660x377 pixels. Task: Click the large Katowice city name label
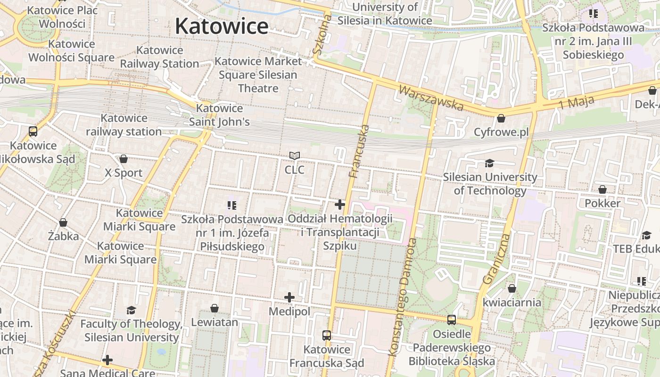coord(222,25)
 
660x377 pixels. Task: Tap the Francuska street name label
coord(359,151)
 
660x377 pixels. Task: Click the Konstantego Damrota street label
coord(402,297)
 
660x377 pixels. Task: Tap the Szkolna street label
coord(322,34)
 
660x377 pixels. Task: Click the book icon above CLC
coord(295,156)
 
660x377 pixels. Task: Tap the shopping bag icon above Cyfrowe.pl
coord(501,118)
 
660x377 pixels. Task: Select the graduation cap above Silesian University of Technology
coord(490,163)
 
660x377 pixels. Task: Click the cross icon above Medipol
coord(289,297)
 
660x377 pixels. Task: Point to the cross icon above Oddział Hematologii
coord(340,205)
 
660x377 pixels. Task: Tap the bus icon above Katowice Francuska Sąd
coord(327,336)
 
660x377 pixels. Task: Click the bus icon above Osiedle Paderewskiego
coord(452,320)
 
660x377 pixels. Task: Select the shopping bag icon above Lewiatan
coord(214,308)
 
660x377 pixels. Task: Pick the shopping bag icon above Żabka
coord(63,222)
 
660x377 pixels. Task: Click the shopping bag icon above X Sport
coord(124,159)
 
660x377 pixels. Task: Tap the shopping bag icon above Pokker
coord(602,189)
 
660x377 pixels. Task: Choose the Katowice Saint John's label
coord(219,115)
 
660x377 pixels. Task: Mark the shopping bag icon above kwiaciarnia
coord(512,288)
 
